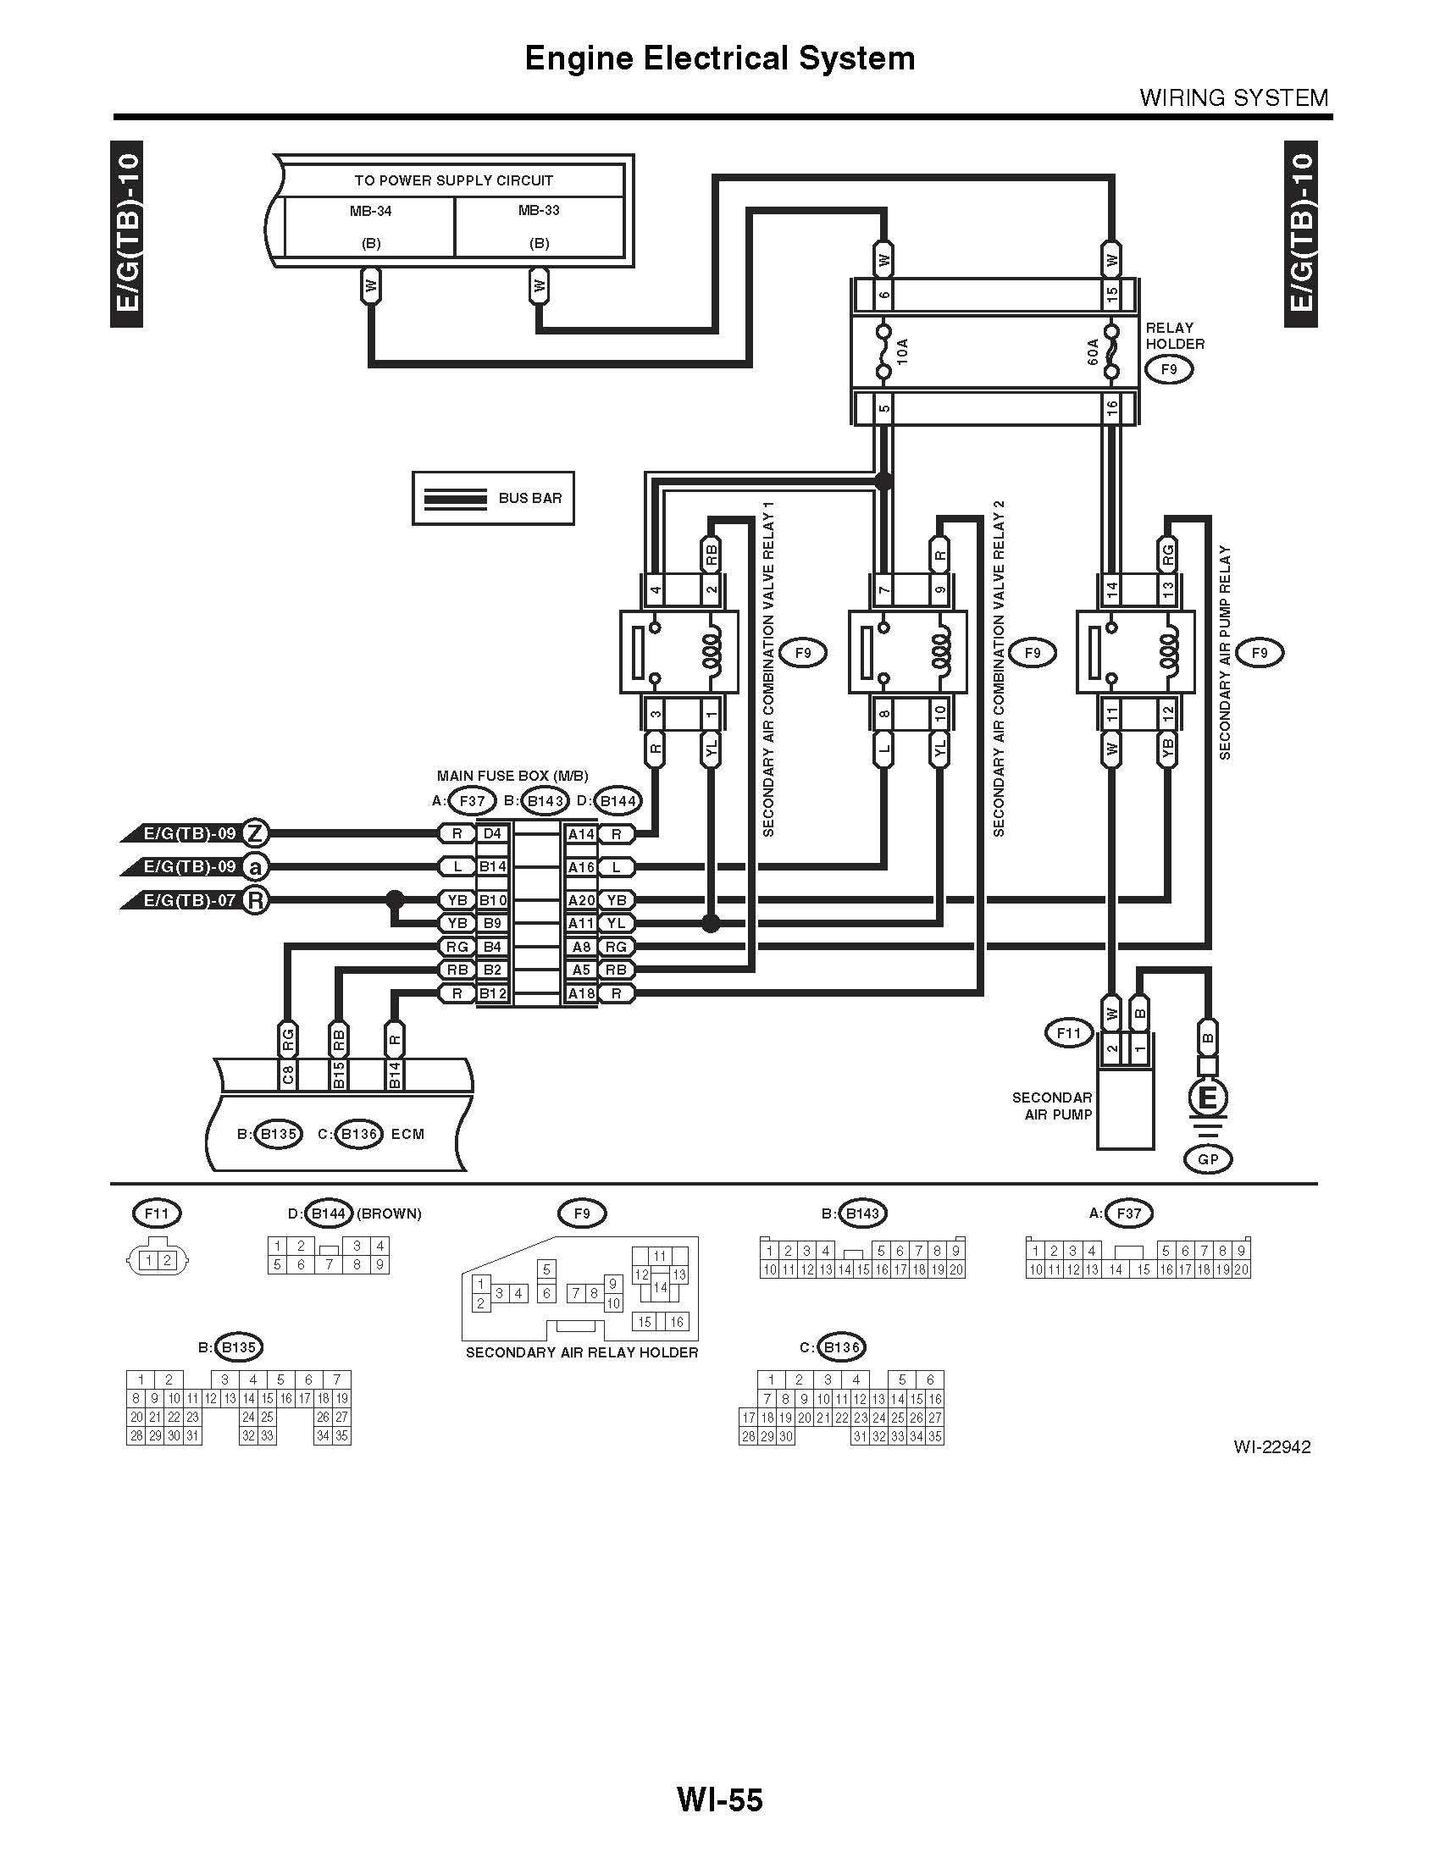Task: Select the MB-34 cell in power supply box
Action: click(x=370, y=226)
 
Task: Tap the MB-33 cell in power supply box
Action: click(x=539, y=226)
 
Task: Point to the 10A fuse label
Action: click(x=904, y=351)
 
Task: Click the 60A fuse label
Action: click(x=1094, y=351)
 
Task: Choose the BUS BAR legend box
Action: click(x=493, y=498)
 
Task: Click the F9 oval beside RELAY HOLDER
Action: click(x=1169, y=369)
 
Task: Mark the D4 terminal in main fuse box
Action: click(x=492, y=833)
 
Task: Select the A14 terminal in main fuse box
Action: click(x=581, y=834)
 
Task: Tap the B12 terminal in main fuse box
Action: click(x=492, y=994)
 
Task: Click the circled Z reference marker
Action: click(x=255, y=832)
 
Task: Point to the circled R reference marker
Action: click(x=255, y=900)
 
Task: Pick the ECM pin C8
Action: click(x=288, y=1075)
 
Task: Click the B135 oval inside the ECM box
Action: click(x=278, y=1134)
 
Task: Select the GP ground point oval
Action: click(x=1208, y=1159)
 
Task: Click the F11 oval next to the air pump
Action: click(x=1069, y=1033)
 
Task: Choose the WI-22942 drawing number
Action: click(x=1271, y=1446)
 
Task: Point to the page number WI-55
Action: click(x=719, y=1799)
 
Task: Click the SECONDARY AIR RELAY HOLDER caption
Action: click(x=582, y=1353)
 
